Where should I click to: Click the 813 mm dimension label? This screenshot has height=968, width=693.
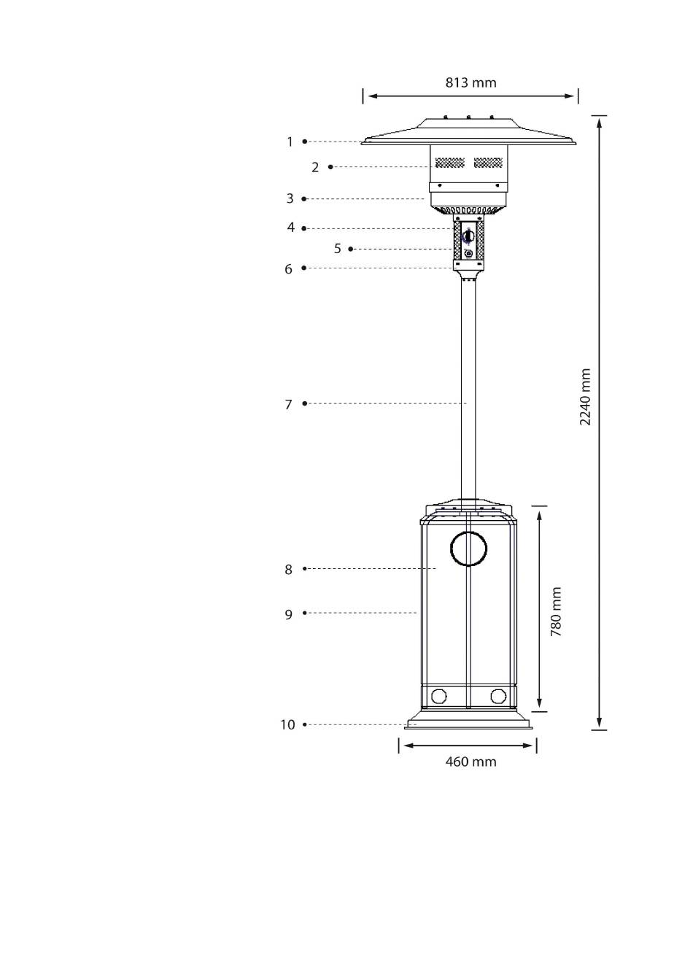(x=471, y=82)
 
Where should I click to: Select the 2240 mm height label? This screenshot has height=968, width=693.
(x=585, y=397)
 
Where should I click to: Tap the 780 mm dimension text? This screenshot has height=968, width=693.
(x=556, y=611)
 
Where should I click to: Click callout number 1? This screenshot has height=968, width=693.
(x=290, y=142)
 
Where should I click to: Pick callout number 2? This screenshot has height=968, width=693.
(x=315, y=167)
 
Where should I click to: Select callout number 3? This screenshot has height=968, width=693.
(x=290, y=198)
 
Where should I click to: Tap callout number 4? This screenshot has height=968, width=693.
(x=291, y=228)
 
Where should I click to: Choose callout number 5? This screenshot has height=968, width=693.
(x=338, y=249)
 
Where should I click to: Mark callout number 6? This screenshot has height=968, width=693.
(x=289, y=268)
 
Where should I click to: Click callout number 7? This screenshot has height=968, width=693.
(x=289, y=404)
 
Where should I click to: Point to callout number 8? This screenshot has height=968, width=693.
(x=289, y=570)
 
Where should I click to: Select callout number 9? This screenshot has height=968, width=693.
(x=289, y=614)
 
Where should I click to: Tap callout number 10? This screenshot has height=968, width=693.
(x=287, y=724)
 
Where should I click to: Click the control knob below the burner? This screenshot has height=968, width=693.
(x=468, y=236)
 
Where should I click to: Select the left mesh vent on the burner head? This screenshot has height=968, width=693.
(x=449, y=163)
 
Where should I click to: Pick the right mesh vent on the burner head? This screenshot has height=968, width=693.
(x=488, y=163)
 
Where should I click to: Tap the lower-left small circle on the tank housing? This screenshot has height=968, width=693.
(x=438, y=696)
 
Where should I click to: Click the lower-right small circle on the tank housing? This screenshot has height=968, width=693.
(x=498, y=696)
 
